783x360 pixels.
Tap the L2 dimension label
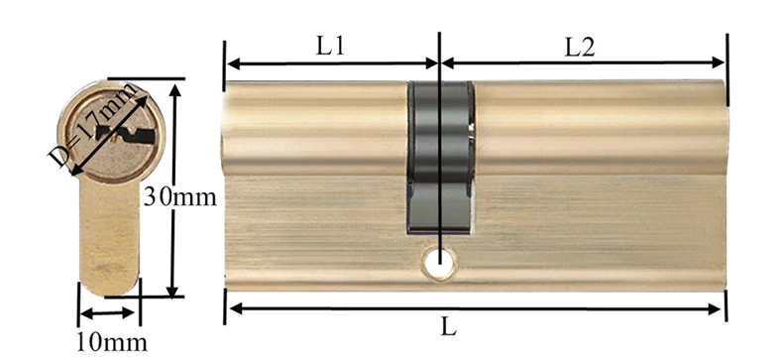(580, 46)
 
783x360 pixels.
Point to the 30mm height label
(179, 196)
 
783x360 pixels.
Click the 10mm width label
(111, 342)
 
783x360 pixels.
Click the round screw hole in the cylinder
(438, 263)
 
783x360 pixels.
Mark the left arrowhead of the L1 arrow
(232, 63)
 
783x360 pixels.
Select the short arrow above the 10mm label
(109, 313)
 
